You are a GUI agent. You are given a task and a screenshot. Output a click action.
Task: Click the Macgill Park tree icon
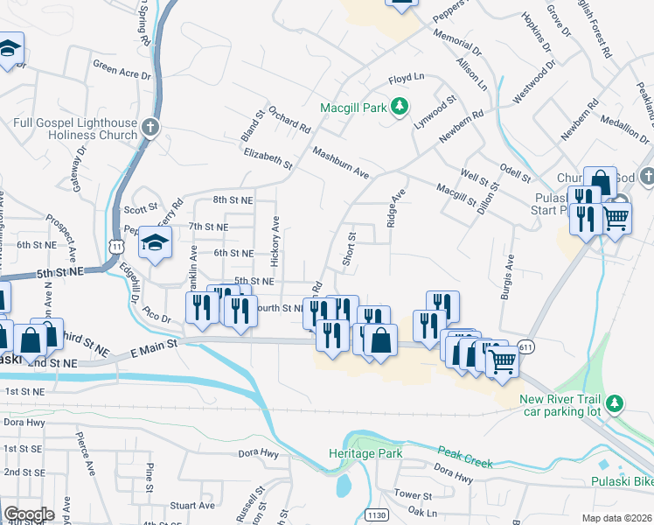[x=400, y=106]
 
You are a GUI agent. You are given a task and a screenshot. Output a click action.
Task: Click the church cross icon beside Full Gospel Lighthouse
[x=150, y=129]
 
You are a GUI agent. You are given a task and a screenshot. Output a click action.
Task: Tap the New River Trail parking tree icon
[x=616, y=402]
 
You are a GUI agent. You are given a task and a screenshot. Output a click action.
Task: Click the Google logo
[x=29, y=514]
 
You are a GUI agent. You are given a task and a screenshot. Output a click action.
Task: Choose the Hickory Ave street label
[x=275, y=241]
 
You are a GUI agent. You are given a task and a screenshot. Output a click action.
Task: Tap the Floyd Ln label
[x=405, y=79]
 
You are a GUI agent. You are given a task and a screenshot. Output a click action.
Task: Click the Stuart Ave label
[x=192, y=505]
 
